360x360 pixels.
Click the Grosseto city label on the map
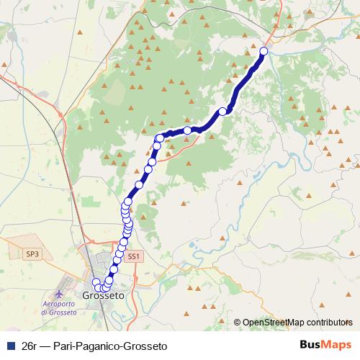click(104, 296)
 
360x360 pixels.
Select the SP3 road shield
click(32, 254)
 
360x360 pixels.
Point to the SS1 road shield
click(132, 256)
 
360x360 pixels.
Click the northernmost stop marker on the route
click(264, 51)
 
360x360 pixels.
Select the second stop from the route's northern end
click(222, 111)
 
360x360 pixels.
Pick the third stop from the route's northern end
click(188, 130)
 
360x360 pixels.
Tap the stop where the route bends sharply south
click(160, 138)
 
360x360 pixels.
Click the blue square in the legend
click(10, 344)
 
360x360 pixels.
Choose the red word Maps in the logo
click(338, 344)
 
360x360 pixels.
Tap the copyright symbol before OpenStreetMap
click(237, 323)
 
